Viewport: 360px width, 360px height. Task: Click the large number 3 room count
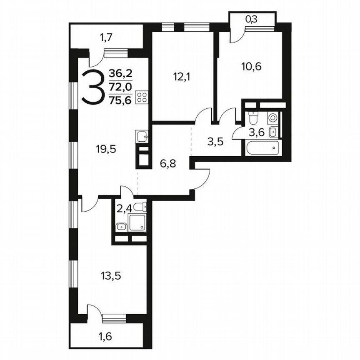[91, 87]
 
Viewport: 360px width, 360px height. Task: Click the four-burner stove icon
[142, 97]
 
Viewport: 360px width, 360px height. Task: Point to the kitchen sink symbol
[141, 135]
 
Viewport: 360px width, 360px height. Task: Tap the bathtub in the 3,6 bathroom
[262, 147]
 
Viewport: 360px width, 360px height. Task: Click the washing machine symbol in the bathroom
[272, 118]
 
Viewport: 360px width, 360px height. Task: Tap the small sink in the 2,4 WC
[121, 227]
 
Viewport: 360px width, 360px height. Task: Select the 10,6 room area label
[251, 66]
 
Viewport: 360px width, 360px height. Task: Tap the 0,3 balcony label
[251, 19]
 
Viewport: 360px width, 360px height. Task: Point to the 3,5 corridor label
[215, 141]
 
